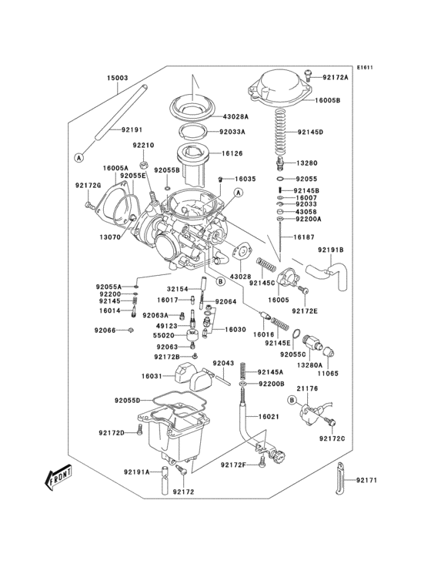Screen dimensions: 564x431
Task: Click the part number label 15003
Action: pos(117,78)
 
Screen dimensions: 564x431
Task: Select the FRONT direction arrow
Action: pos(58,479)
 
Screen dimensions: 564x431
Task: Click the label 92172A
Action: pos(336,78)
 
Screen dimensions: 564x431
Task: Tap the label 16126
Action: pos(232,154)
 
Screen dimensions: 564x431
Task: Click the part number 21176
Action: pos(308,390)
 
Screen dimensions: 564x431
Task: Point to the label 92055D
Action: pos(127,401)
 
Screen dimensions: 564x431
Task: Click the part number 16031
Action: pos(152,376)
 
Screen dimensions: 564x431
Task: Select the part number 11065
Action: pos(329,372)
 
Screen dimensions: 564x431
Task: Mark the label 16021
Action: pos(268,417)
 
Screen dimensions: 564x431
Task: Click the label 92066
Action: pos(105,331)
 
